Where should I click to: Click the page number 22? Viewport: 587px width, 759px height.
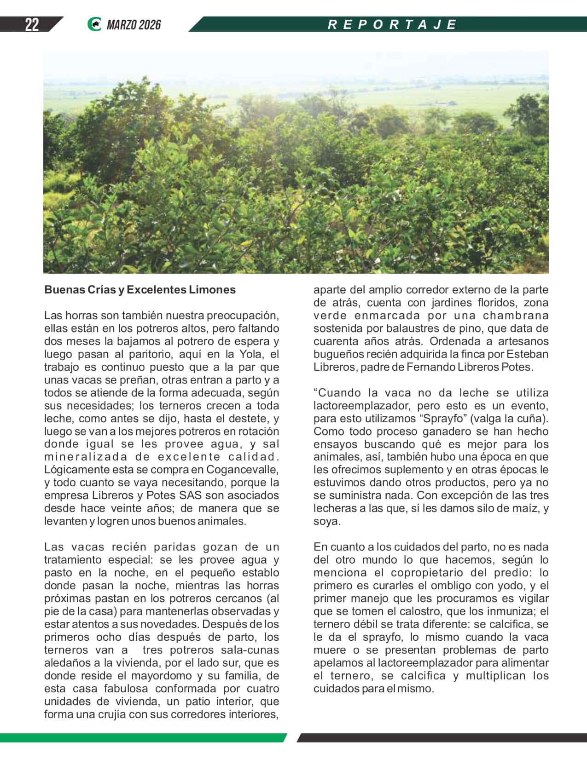(x=31, y=24)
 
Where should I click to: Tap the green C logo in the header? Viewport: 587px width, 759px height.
(x=94, y=24)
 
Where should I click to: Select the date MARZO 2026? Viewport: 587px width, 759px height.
(x=134, y=25)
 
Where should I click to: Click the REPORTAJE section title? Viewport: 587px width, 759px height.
(x=392, y=24)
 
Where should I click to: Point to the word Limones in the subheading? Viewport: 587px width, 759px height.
(x=214, y=290)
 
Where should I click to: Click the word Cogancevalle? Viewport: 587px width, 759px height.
(x=242, y=470)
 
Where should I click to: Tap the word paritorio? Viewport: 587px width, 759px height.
(x=149, y=354)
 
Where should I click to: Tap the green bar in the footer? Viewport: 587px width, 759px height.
(x=143, y=738)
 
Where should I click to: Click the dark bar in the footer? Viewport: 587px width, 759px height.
(x=442, y=738)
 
